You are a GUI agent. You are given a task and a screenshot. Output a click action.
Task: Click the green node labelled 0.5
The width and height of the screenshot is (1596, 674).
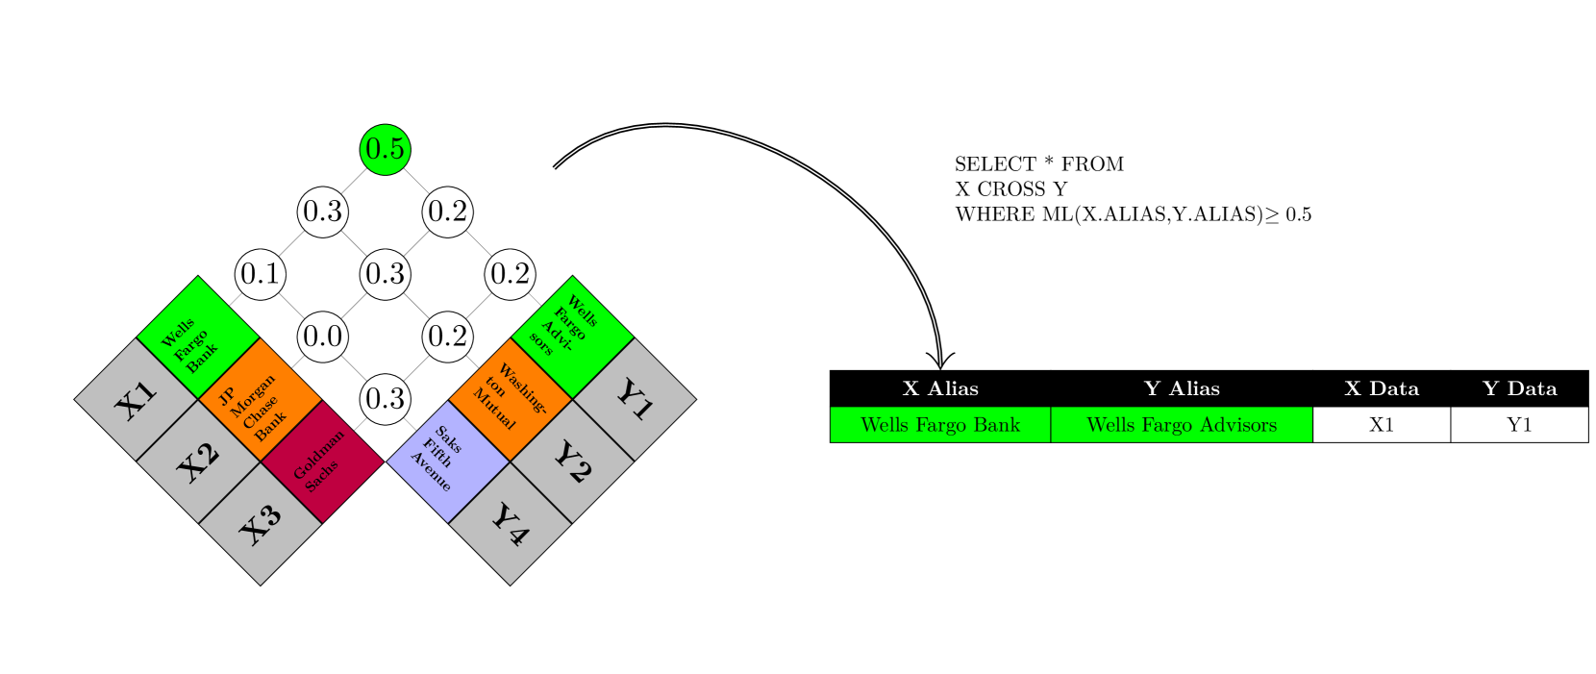click(386, 149)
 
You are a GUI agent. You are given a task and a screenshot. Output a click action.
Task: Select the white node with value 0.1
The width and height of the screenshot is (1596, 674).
click(261, 274)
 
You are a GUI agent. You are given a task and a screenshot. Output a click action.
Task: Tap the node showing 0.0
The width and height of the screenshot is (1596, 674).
click(323, 337)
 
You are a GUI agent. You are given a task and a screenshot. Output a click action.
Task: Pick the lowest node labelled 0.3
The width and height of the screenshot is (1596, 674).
click(386, 399)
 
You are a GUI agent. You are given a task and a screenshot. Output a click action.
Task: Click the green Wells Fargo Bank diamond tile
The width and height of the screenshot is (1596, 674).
click(198, 338)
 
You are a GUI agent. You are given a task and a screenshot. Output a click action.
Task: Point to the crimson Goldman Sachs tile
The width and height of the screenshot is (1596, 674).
click(323, 462)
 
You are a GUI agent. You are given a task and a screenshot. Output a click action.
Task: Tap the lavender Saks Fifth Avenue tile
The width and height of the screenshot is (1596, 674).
click(448, 462)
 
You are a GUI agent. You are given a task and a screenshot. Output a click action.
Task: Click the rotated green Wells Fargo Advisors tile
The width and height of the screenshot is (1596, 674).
click(572, 338)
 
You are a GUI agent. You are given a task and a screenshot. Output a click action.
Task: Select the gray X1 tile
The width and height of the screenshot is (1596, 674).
click(137, 400)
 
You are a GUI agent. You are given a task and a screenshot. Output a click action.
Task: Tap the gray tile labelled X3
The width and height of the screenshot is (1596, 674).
click(261, 524)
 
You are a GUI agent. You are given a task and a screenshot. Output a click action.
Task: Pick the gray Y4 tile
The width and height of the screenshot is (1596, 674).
click(510, 524)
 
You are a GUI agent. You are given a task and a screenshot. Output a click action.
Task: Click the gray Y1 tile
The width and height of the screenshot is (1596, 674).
click(635, 400)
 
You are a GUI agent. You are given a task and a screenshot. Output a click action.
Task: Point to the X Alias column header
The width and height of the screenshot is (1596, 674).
click(940, 388)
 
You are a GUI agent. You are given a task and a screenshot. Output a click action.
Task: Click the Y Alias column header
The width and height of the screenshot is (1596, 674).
click(1182, 388)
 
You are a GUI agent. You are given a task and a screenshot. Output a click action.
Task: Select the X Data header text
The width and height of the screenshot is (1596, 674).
click(1382, 388)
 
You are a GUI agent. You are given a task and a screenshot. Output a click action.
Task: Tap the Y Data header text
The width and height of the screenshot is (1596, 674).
click(1519, 388)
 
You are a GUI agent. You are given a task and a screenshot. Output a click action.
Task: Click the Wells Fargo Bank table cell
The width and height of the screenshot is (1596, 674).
click(940, 425)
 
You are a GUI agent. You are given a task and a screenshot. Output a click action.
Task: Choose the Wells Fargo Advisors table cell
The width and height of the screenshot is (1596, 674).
click(1182, 425)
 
